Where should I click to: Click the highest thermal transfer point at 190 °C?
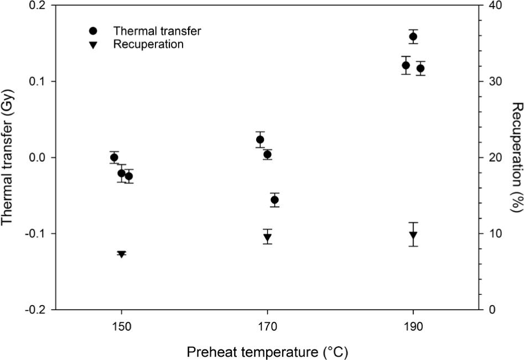[413, 37]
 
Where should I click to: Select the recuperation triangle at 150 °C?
[122, 254]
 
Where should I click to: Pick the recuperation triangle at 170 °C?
[267, 237]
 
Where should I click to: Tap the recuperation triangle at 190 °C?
[413, 235]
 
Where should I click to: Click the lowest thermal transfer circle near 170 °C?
[274, 200]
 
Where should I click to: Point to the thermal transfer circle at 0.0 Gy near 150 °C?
[114, 157]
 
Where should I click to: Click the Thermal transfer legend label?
[157, 31]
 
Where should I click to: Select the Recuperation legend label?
[148, 45]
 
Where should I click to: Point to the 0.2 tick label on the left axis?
[40, 6]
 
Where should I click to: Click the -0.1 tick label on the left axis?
[39, 234]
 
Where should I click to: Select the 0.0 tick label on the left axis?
[40, 158]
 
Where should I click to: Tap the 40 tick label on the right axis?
[496, 6]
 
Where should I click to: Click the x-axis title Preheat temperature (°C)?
[267, 351]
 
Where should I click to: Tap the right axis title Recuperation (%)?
[517, 157]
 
